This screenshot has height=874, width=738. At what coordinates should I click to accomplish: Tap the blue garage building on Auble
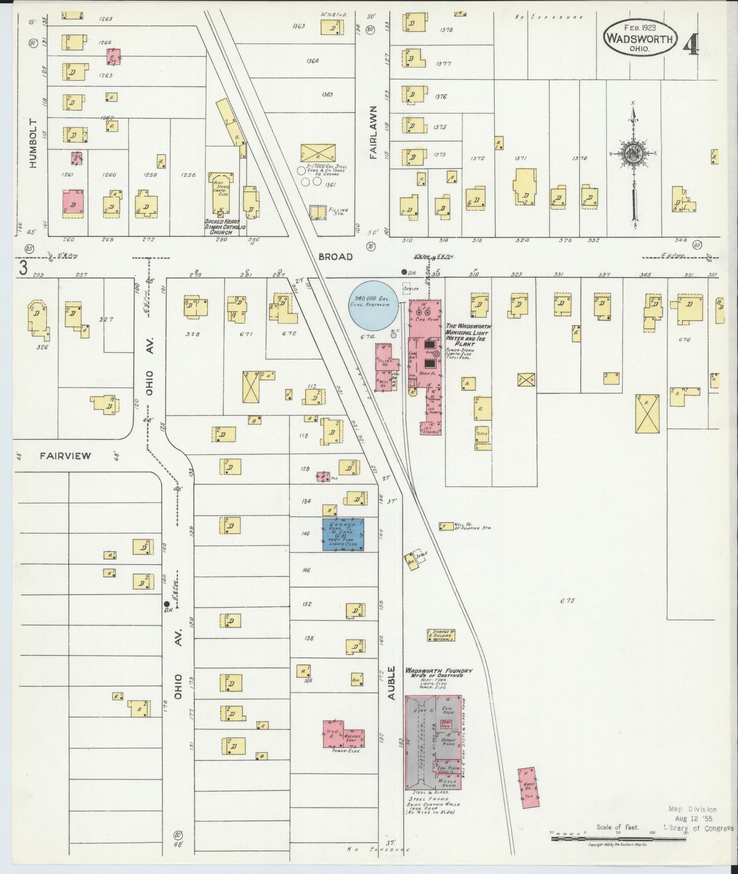343,534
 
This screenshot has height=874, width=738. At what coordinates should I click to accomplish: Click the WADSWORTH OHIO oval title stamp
640,38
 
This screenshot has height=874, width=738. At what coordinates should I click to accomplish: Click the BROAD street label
335,257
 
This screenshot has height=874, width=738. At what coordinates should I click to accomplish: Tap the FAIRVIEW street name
65,456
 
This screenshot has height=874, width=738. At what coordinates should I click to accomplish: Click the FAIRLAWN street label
374,132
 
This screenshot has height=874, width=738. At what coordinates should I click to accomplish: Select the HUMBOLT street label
33,144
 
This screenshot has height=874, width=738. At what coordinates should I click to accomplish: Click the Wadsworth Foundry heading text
439,671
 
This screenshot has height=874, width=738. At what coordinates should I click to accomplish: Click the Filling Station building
318,213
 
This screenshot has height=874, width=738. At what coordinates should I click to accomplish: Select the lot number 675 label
567,601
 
